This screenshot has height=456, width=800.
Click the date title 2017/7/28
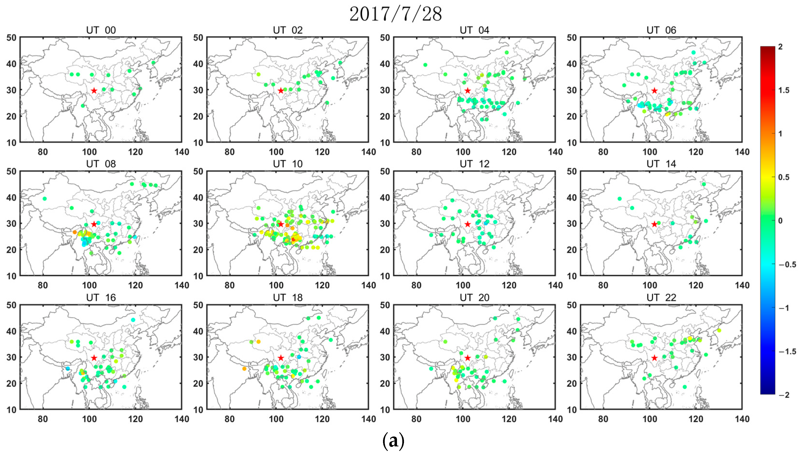coord(395,14)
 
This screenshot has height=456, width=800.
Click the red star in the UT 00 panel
coord(94,90)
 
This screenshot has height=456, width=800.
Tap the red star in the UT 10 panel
coord(281,224)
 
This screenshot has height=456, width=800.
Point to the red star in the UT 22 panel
coord(654,358)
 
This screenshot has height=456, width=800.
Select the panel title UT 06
coord(661,30)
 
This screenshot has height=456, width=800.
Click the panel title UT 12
coord(474,164)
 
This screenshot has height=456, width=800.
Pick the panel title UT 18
coord(287,297)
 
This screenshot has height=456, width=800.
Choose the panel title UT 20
coord(474,297)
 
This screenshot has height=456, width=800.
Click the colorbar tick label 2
coord(780,47)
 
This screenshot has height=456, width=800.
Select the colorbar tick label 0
coord(780,221)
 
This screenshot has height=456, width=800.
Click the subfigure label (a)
coord(393,441)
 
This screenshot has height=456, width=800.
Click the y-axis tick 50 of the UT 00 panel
coord(11,38)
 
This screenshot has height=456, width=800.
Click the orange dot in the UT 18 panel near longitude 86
coord(244,369)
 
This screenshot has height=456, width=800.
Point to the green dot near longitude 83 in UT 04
coord(425,65)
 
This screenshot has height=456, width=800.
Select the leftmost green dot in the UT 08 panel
coord(45,199)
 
